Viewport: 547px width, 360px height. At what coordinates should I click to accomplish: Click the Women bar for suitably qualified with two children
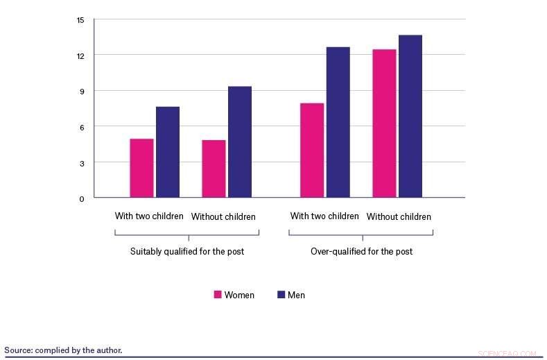[141, 169]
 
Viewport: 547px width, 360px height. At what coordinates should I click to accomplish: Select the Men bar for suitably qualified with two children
[168, 153]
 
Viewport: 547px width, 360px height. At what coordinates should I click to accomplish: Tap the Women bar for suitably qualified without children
[214, 169]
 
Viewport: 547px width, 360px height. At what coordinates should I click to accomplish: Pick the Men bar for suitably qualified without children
[240, 142]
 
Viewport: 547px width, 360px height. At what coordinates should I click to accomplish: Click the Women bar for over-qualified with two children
[312, 151]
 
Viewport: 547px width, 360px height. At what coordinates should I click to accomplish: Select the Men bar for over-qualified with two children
[338, 123]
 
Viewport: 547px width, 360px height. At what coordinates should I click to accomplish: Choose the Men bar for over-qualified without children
[410, 117]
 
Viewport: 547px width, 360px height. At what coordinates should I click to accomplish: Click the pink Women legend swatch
[218, 295]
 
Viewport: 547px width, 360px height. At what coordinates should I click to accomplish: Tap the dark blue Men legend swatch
[281, 295]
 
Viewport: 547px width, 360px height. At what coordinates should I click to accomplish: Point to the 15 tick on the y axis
[80, 19]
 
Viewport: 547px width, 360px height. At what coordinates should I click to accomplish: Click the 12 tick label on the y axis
[80, 55]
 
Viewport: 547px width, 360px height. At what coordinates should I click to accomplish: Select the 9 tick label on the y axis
[81, 92]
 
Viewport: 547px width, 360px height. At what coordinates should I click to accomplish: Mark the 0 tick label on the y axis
[81, 199]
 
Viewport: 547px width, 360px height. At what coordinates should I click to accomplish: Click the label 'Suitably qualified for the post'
[187, 251]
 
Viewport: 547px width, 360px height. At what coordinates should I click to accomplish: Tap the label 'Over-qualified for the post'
[361, 251]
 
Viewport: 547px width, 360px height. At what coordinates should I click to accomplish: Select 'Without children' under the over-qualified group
[399, 217]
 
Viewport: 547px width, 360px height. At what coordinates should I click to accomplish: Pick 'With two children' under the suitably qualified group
[149, 216]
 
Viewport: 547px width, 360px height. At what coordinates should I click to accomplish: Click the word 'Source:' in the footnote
[18, 350]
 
